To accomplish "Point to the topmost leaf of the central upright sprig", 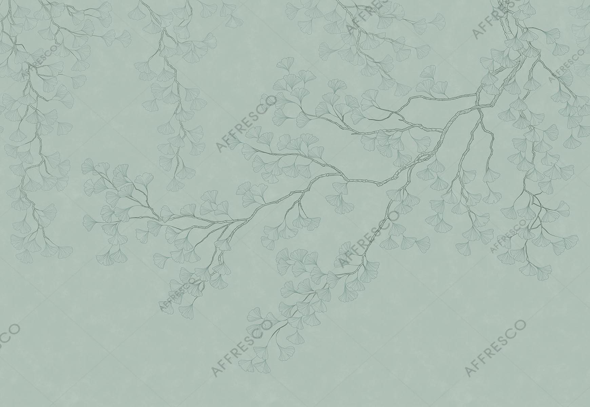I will (x=288, y=63).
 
